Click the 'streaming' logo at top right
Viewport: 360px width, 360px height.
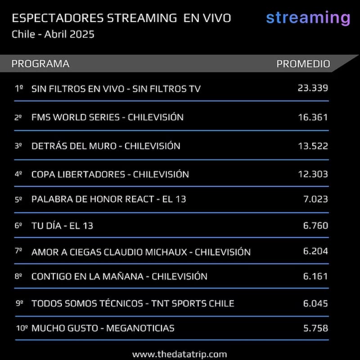pyautogui.click(x=308, y=18)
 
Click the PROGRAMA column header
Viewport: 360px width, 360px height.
pyautogui.click(x=40, y=64)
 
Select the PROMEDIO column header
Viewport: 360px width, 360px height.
pyautogui.click(x=303, y=64)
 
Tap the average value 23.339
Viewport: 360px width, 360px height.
pyautogui.click(x=313, y=88)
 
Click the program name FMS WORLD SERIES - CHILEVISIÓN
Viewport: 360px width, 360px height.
pyautogui.click(x=108, y=117)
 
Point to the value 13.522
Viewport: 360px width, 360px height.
pyautogui.click(x=313, y=146)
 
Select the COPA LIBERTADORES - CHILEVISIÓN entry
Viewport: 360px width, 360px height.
pyautogui.click(x=110, y=174)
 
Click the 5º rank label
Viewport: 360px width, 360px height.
pyautogui.click(x=18, y=200)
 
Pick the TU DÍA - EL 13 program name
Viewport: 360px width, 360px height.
pyautogui.click(x=62, y=226)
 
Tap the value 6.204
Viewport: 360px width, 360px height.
pyautogui.click(x=315, y=251)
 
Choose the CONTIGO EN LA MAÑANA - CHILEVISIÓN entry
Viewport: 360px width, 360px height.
pyautogui.click(x=119, y=276)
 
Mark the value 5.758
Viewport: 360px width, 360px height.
pyautogui.click(x=315, y=328)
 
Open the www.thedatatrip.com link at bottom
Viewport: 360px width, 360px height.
pyautogui.click(x=180, y=354)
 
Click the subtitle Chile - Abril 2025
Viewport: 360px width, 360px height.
pyautogui.click(x=53, y=34)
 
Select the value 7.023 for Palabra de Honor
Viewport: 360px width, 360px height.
pyautogui.click(x=315, y=199)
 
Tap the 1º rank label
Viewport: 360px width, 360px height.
pyautogui.click(x=18, y=89)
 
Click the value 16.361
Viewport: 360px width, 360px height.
pyautogui.click(x=313, y=117)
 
